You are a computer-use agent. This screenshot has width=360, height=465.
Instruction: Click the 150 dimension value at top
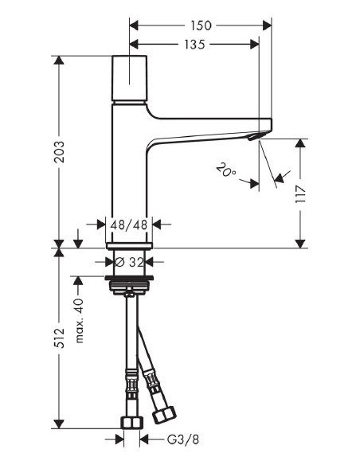pos(201,25)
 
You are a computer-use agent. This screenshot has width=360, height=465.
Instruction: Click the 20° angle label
pos(226,170)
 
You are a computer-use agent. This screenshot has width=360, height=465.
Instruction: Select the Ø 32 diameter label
pos(131,260)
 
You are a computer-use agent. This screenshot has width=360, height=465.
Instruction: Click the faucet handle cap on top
pos(131,79)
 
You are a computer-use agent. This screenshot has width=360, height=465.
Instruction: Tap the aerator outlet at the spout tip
pos(254,139)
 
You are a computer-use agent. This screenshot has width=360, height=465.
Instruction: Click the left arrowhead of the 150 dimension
pos(133,25)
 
